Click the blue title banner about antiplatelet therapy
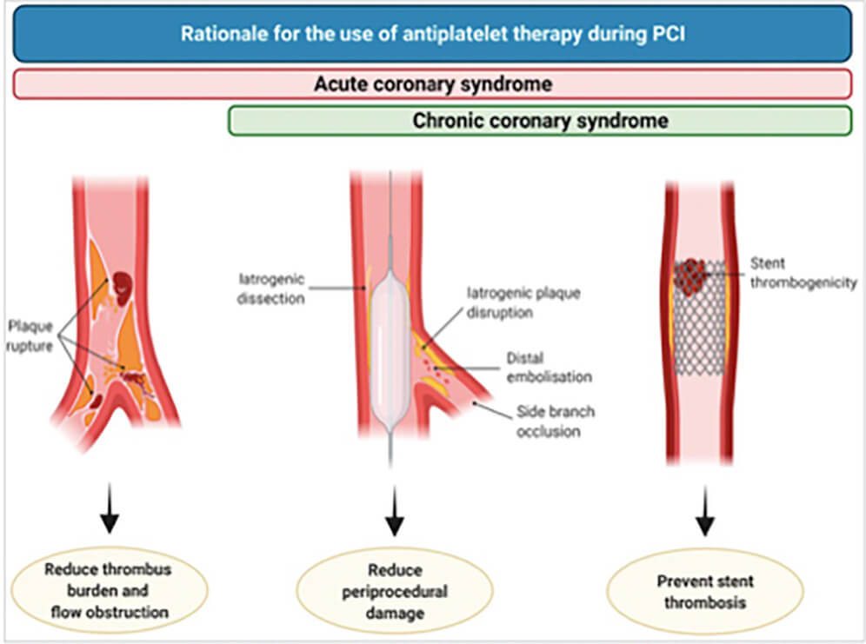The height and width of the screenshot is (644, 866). (x=432, y=34)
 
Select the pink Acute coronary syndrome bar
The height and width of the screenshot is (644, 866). (x=432, y=84)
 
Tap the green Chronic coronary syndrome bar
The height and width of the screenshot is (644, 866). (x=539, y=121)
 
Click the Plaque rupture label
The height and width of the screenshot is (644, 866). (x=30, y=337)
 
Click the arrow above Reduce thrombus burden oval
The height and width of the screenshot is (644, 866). (x=109, y=512)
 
